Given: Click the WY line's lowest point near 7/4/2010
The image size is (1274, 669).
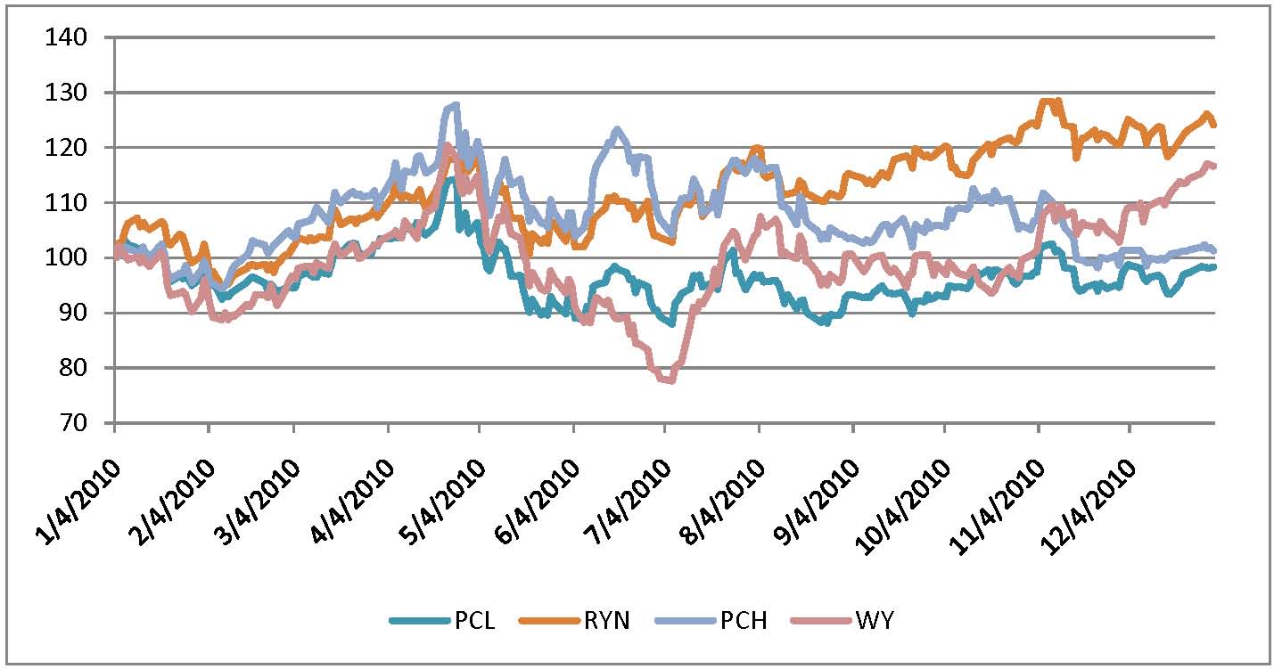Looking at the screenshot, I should click(668, 380).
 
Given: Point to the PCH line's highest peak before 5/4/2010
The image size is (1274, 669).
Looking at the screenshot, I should click(456, 105).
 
